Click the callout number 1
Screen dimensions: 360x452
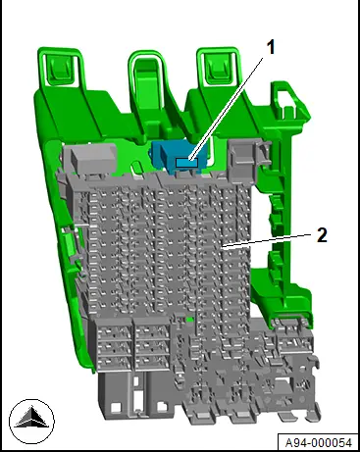pyautogui.click(x=271, y=47)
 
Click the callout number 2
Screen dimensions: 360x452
pyautogui.click(x=322, y=235)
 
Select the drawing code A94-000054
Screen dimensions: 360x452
pyautogui.click(x=319, y=442)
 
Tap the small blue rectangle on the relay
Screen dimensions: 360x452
pyautogui.click(x=186, y=163)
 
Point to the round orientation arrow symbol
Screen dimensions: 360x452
pyautogui.click(x=31, y=422)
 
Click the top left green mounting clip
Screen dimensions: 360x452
pyautogui.click(x=61, y=68)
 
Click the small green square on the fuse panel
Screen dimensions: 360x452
pyautogui.click(x=189, y=320)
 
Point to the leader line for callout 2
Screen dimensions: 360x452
pyautogui.click(x=266, y=239)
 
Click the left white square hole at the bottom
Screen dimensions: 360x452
pyautogui.click(x=116, y=408)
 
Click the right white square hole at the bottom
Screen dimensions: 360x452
pyautogui.click(x=162, y=407)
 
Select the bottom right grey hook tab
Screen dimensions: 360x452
pyautogui.click(x=313, y=414)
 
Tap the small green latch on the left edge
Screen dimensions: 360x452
pyautogui.click(x=68, y=240)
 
